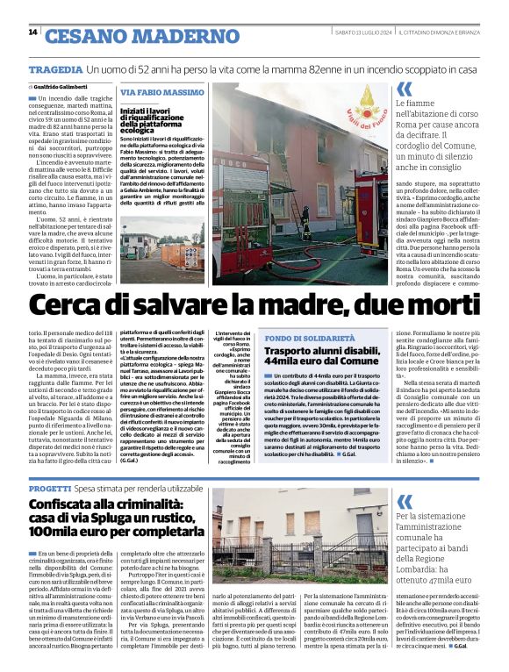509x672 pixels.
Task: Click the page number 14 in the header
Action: click(x=32, y=32)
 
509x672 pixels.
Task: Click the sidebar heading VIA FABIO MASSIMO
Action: click(x=161, y=92)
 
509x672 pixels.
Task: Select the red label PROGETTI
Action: click(x=49, y=487)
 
